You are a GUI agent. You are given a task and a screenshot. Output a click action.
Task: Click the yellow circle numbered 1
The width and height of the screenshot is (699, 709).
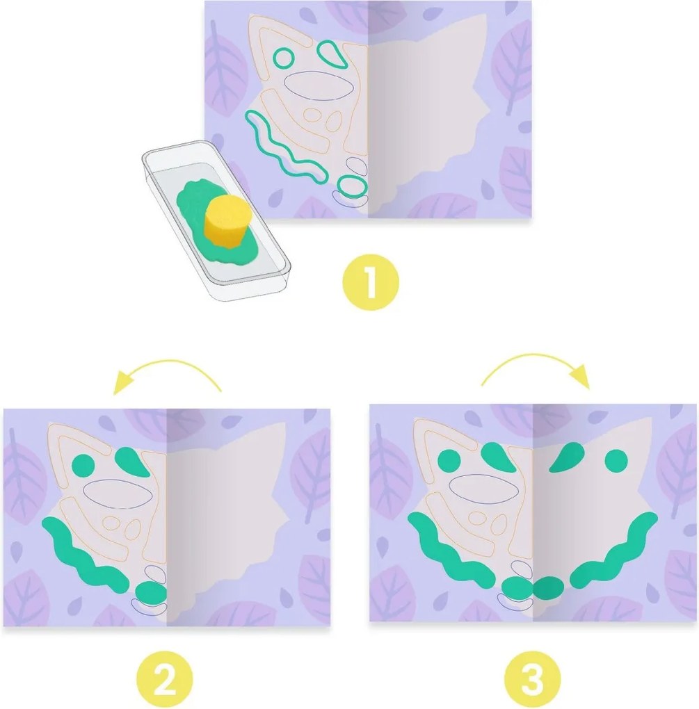click(x=371, y=282)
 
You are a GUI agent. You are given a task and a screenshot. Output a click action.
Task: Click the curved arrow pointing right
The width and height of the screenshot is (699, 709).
click(x=534, y=355)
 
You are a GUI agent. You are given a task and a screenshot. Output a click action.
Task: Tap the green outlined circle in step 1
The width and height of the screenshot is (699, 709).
click(x=284, y=58)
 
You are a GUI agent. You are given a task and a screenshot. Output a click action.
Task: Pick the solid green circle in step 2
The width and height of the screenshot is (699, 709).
click(x=83, y=465)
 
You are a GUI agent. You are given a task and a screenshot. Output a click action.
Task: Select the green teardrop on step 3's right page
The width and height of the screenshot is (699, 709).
click(x=566, y=457)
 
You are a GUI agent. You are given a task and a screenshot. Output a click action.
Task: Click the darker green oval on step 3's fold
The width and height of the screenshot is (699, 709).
click(x=548, y=587)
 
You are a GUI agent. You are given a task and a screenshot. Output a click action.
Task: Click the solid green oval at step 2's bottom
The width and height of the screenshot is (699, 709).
click(x=152, y=593)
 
